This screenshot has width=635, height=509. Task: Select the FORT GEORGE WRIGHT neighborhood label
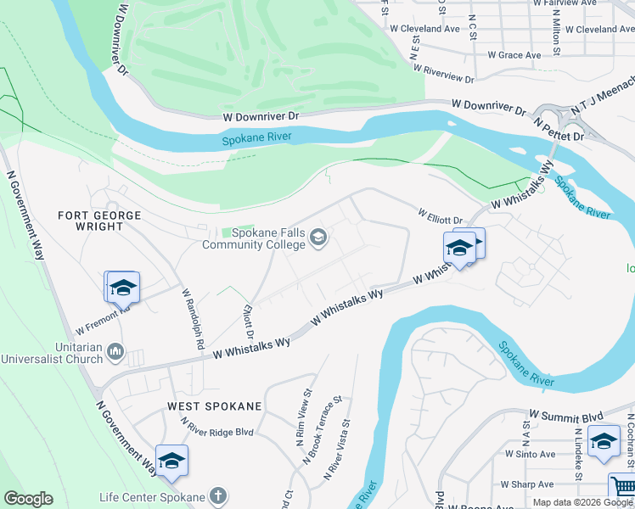[99, 222]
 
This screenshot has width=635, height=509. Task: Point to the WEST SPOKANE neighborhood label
[214, 406]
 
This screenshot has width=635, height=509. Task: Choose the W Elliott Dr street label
[439, 215]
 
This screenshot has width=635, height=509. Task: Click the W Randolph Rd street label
[193, 319]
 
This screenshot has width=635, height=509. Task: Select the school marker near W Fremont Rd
[121, 287]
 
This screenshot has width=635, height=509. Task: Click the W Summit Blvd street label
[565, 417]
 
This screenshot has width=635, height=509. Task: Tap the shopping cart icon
[622, 488]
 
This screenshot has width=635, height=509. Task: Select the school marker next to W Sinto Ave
[603, 441]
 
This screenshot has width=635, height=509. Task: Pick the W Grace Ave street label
[514, 55]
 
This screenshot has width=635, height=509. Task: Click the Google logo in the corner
[28, 499]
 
